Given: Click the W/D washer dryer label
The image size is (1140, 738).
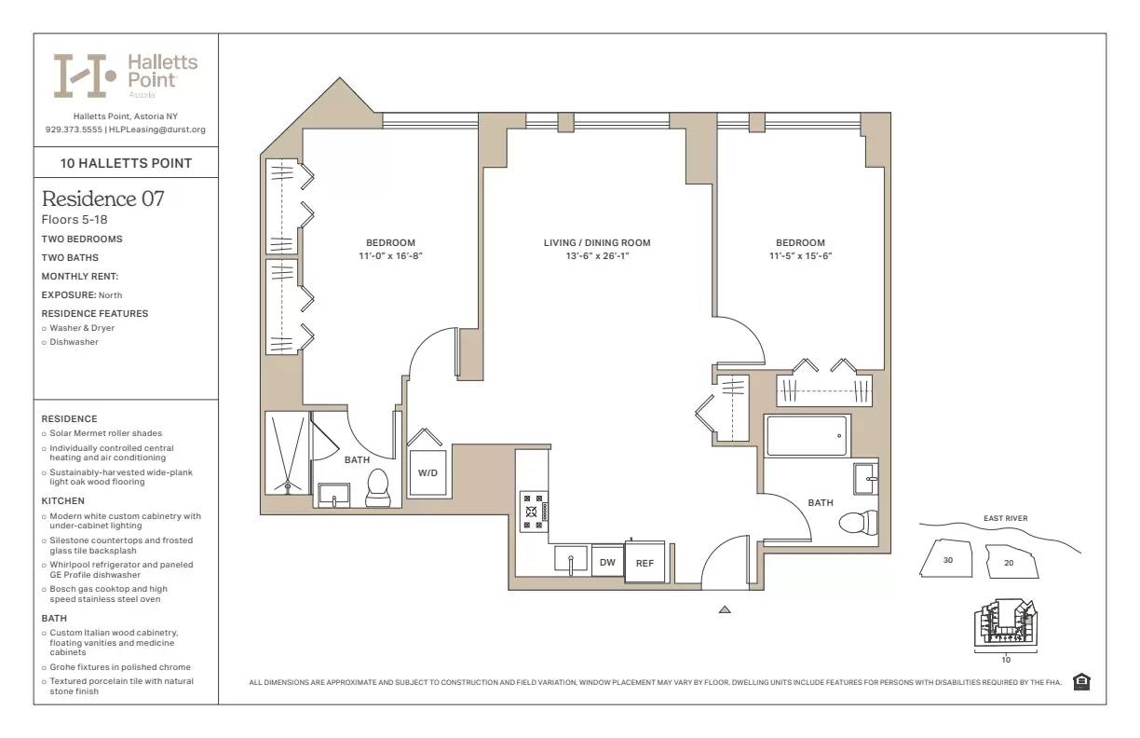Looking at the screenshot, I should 427,473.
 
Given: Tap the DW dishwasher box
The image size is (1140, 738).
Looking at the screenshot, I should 607,562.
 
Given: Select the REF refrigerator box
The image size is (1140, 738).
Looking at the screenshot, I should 645,563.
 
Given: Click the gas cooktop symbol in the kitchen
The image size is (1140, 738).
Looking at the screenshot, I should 534,511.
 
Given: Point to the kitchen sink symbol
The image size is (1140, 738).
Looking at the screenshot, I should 570,559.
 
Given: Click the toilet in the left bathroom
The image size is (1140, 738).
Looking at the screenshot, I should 377,488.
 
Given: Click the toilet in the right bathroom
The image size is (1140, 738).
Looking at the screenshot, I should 857,522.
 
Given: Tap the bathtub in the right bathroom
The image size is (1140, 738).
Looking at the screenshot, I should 807,435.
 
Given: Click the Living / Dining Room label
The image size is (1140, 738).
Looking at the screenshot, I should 597,243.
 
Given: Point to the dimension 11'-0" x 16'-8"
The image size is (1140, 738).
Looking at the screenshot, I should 390,255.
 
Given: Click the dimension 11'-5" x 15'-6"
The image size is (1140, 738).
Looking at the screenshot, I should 800,255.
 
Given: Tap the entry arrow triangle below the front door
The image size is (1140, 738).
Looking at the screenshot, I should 725,610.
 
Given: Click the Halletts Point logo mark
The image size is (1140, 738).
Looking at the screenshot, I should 84,75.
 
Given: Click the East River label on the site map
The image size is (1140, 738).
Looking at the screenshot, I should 1005,519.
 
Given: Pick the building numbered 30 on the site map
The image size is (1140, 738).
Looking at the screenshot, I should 947,561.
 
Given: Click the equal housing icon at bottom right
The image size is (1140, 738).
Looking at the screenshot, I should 1081,682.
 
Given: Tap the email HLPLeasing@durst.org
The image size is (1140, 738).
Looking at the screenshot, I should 157,130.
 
